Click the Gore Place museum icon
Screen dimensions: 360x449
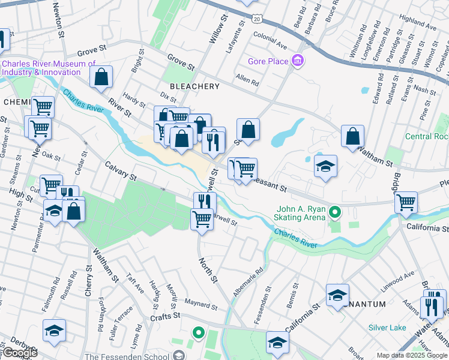tap(297, 60)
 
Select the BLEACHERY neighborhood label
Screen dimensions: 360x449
tap(195, 86)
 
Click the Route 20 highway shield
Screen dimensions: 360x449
tap(256, 20)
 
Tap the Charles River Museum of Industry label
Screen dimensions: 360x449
tap(49, 68)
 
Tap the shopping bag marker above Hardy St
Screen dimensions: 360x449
tap(101, 77)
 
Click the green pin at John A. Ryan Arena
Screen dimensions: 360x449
tap(336, 212)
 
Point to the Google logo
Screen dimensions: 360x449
tap(20, 353)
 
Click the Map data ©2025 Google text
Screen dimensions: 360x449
tap(412, 355)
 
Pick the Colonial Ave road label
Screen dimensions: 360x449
tap(270, 44)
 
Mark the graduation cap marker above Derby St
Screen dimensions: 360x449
tap(55, 331)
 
